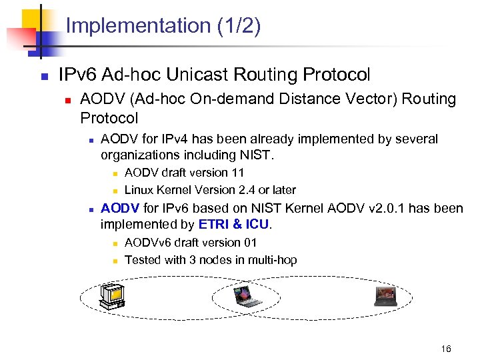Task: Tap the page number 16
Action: click(x=446, y=349)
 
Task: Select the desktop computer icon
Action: click(x=111, y=297)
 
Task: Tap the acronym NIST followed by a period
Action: click(x=257, y=155)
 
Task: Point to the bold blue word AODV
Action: click(x=118, y=208)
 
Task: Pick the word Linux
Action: click(x=138, y=190)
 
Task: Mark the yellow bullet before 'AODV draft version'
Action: click(x=115, y=173)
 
